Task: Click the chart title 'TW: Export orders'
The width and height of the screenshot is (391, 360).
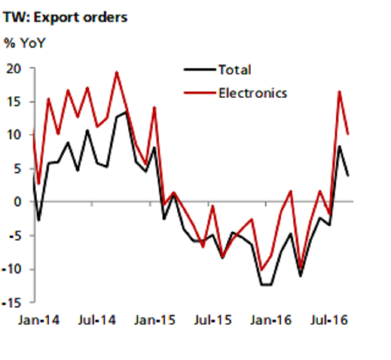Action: point(65,17)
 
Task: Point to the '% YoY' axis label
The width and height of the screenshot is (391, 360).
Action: point(25,43)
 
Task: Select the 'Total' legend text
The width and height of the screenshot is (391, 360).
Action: point(235,70)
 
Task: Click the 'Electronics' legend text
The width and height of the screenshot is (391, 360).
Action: point(253,93)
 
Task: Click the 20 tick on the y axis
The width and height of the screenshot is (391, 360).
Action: point(18,68)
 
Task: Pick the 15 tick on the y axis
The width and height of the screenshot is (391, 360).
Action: point(18,102)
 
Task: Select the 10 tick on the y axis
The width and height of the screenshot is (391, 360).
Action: point(18,135)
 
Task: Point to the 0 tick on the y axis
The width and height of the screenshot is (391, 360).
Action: point(22,202)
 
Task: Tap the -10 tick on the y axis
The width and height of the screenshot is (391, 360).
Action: point(16,269)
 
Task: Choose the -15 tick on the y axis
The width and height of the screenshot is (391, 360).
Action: point(16,303)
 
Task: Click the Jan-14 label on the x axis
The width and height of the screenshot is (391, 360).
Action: point(38,321)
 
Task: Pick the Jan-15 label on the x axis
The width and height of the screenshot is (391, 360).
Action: point(154,321)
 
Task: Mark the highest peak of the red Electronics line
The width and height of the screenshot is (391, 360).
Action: point(117,72)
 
